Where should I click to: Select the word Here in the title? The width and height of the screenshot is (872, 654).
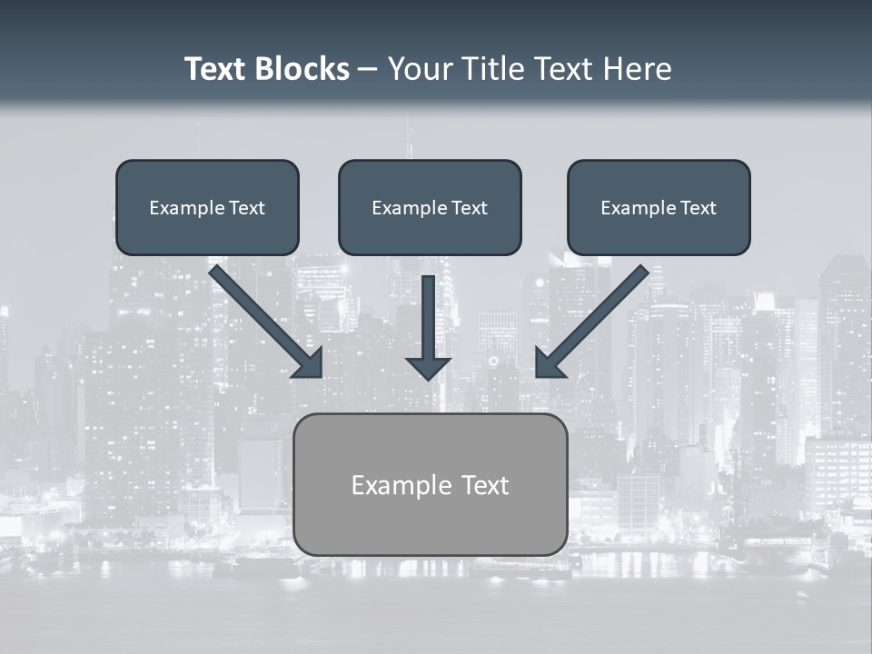coord(636,69)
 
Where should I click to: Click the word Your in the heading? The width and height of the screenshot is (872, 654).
coord(416,69)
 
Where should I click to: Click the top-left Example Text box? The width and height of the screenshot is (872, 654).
coord(207,207)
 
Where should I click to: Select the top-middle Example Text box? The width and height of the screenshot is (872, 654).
coord(430,207)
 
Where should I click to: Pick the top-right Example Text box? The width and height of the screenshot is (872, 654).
coord(659,207)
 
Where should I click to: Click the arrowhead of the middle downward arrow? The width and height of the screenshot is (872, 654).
coord(429,368)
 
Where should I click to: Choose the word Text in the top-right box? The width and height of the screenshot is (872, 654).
coord(698,208)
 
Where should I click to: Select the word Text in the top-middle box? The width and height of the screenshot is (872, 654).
coord(469,208)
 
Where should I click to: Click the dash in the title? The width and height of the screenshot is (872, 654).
coord(368,70)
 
